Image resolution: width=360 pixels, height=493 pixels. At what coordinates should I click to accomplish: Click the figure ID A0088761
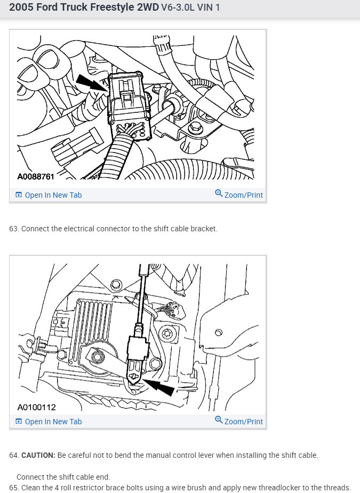click(x=36, y=176)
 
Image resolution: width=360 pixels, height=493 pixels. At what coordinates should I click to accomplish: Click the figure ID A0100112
click(x=36, y=407)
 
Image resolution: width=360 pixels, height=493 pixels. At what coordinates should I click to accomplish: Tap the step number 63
click(x=13, y=229)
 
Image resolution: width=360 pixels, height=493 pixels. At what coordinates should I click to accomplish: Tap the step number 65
click(x=13, y=488)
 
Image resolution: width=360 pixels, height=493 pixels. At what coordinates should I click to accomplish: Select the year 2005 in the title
click(x=20, y=8)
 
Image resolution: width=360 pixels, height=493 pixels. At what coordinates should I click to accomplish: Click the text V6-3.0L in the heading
click(x=178, y=9)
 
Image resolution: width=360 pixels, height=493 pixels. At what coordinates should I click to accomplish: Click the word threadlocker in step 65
click(x=281, y=488)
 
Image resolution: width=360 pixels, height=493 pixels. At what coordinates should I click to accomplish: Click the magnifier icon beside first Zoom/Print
click(x=219, y=194)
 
